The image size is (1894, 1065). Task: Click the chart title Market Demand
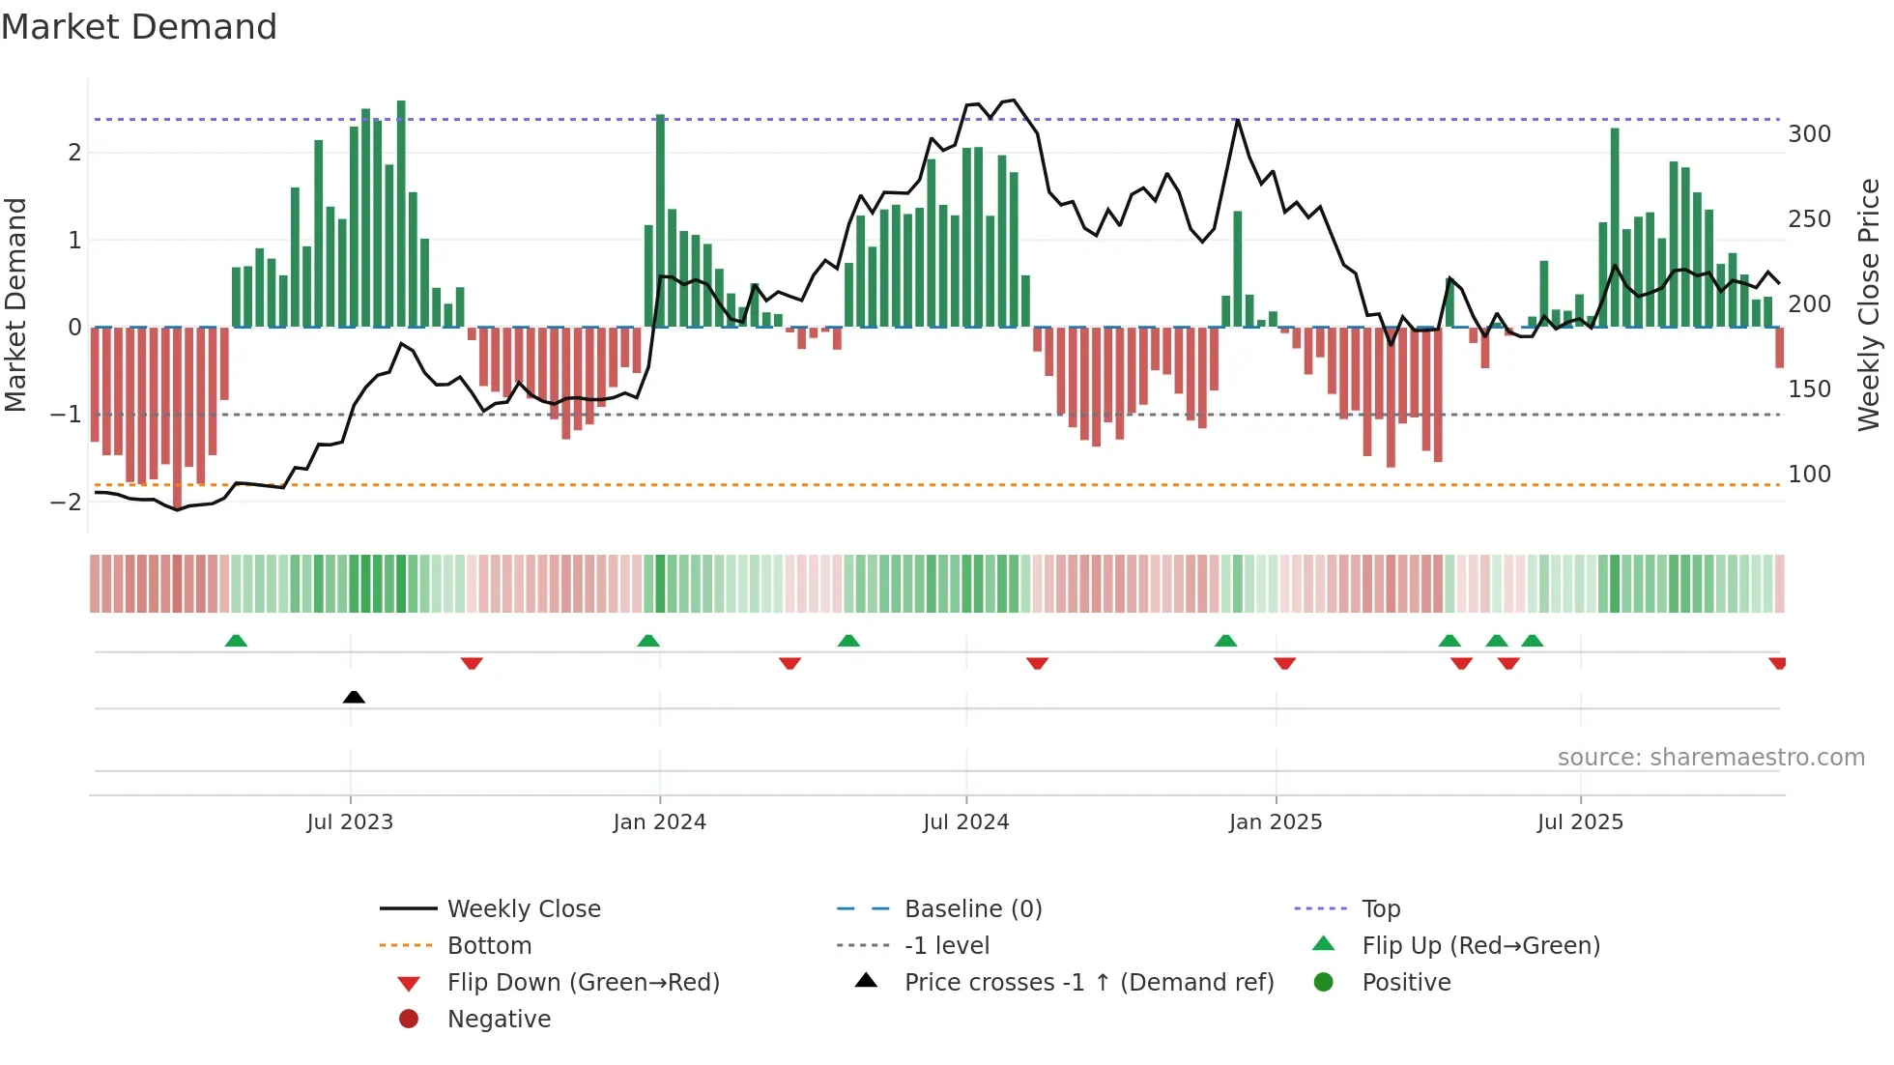pos(139,27)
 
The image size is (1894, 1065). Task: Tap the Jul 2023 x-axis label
pos(350,822)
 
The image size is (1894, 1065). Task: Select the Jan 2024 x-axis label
pos(660,822)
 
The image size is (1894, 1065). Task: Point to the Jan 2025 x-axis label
pos(1276,822)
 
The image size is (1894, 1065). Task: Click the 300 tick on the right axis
pos(1809,134)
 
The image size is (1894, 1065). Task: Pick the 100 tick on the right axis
pos(1809,475)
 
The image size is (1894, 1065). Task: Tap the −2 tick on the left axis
pos(66,502)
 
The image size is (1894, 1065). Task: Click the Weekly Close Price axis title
pos(1869,304)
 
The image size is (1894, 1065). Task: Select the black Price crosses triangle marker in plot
pos(354,697)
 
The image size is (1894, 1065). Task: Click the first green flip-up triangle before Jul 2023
pos(236,641)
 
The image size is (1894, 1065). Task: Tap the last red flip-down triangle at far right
pos(1777,663)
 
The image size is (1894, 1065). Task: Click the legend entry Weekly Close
pos(523,909)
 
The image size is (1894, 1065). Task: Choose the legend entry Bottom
pos(489,946)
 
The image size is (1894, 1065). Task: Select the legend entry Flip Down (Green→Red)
pos(583,983)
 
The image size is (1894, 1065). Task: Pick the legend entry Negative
pos(499,1020)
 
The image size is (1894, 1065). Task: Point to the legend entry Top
pos(1381,909)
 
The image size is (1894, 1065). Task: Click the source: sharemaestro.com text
pos(1710,758)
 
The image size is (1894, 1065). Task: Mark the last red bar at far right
pos(1779,348)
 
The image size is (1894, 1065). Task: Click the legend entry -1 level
pos(946,946)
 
